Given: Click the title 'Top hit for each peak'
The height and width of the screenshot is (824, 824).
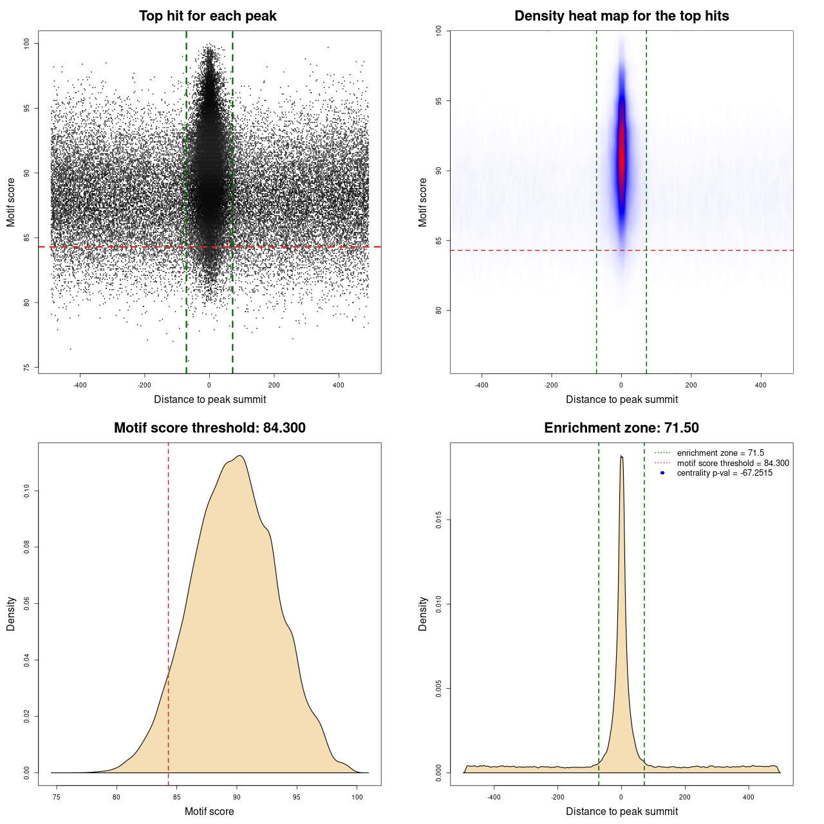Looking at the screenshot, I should [x=207, y=16].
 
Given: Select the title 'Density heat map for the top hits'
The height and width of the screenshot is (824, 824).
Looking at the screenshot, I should [x=621, y=16].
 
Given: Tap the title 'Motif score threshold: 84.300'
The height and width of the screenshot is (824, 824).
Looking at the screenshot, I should [x=209, y=428].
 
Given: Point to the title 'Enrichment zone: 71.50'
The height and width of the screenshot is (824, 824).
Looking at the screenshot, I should [x=621, y=428].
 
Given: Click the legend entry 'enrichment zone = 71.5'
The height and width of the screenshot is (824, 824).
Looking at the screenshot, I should [x=720, y=453].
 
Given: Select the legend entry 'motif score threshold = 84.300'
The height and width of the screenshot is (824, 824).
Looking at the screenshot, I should [x=733, y=464].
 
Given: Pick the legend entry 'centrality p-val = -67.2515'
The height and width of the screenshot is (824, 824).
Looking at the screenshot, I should [x=724, y=473].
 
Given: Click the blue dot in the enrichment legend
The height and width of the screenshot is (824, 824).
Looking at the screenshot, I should [x=662, y=473].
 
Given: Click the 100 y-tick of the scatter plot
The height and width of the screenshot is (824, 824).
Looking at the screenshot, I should [x=26, y=43].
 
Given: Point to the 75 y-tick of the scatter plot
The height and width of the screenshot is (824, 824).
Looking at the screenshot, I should [x=26, y=368].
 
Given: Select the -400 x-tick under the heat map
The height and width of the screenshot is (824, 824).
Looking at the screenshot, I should [x=482, y=386].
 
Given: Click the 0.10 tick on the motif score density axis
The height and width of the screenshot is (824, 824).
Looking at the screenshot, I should [x=26, y=491].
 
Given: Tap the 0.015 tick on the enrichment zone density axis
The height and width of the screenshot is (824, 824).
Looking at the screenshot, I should [x=438, y=520].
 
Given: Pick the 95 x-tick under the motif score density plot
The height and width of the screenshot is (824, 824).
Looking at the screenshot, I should [x=297, y=797].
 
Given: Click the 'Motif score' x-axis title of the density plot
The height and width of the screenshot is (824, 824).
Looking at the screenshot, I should [x=209, y=811].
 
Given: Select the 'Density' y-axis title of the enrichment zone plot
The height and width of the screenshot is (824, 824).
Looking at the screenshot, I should [x=423, y=613].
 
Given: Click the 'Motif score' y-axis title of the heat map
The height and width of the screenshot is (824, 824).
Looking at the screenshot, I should [x=423, y=202].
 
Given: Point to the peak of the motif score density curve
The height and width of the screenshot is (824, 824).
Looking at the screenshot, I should [x=239, y=456].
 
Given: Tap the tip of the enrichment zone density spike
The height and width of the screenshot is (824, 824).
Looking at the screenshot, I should [x=621, y=456].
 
